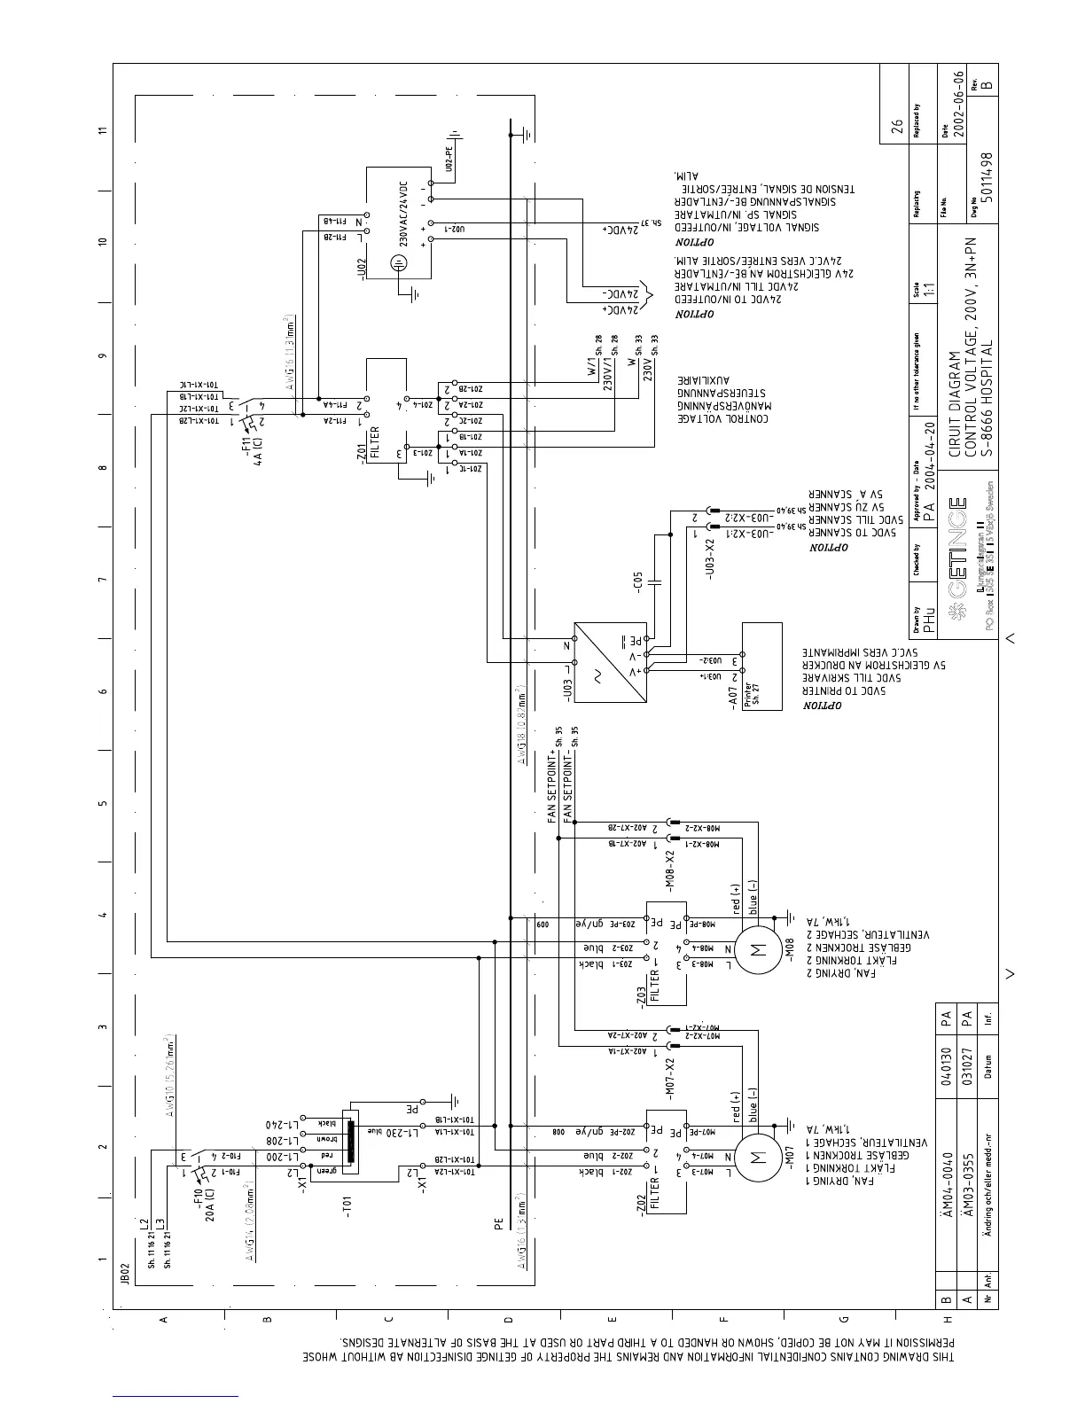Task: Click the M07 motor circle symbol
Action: tap(757, 1158)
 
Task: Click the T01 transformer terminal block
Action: tap(350, 1143)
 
